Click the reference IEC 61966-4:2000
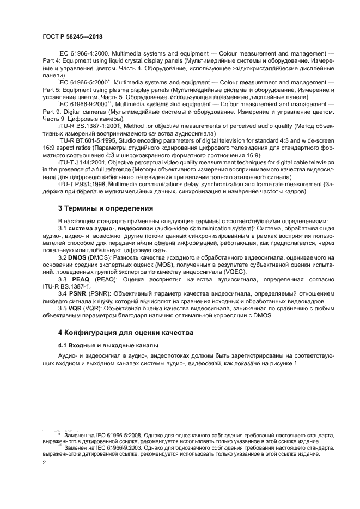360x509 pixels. (83, 55)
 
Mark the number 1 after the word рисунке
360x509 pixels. (297, 363)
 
